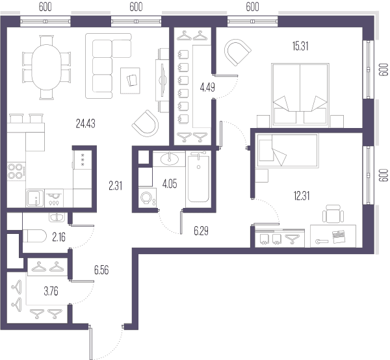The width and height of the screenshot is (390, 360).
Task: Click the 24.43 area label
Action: (x=86, y=123)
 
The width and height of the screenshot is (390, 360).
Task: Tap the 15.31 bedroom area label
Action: (x=300, y=46)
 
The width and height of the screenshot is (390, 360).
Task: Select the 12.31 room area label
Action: (x=302, y=196)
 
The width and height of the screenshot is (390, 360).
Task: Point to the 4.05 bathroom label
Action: (x=170, y=184)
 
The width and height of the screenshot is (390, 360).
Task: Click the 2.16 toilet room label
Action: (x=59, y=237)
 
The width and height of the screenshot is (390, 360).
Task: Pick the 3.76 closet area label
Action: (x=51, y=291)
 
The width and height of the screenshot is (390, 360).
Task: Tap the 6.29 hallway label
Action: (x=201, y=231)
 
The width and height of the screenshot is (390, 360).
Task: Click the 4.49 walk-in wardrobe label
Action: (x=207, y=87)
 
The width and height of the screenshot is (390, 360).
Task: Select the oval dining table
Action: (x=47, y=67)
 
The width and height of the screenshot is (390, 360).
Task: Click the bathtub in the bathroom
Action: (x=198, y=179)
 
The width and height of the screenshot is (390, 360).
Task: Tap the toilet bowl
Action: (x=34, y=236)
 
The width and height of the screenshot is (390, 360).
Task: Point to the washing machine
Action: (x=148, y=198)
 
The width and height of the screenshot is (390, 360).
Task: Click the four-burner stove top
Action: (x=16, y=171)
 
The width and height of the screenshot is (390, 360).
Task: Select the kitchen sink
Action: (x=35, y=198)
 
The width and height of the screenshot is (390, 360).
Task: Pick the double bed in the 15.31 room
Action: (x=300, y=94)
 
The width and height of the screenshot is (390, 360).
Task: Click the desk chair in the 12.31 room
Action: (x=333, y=214)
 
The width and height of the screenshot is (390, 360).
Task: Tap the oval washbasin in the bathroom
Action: (x=170, y=159)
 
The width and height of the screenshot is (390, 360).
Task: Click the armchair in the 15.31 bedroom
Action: (x=238, y=52)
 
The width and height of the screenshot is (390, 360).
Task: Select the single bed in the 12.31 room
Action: (x=287, y=151)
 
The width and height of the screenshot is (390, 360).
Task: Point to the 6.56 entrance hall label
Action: (x=101, y=270)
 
